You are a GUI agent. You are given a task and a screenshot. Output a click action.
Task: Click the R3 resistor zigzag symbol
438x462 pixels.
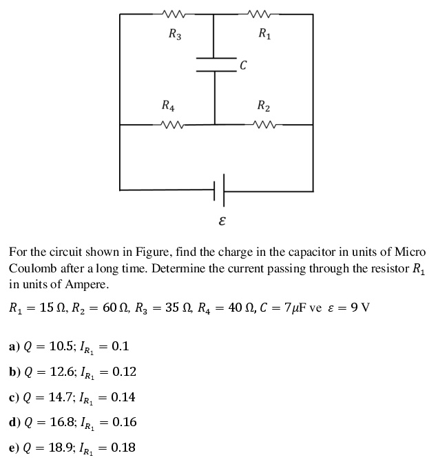click(x=169, y=13)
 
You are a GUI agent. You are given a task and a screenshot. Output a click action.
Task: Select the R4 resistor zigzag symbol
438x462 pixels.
click(x=169, y=125)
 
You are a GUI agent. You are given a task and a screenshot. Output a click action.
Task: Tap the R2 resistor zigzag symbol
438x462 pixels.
click(x=262, y=125)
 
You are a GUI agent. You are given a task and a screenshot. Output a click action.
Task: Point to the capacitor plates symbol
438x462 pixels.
click(x=215, y=63)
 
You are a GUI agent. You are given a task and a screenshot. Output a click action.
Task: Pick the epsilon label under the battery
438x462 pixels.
click(x=222, y=222)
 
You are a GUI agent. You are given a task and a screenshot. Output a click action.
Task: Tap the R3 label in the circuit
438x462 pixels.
click(x=175, y=33)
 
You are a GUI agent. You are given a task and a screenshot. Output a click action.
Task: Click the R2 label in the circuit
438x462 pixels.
click(x=263, y=106)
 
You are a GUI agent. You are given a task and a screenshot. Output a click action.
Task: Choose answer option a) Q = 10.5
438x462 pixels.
click(x=69, y=346)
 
